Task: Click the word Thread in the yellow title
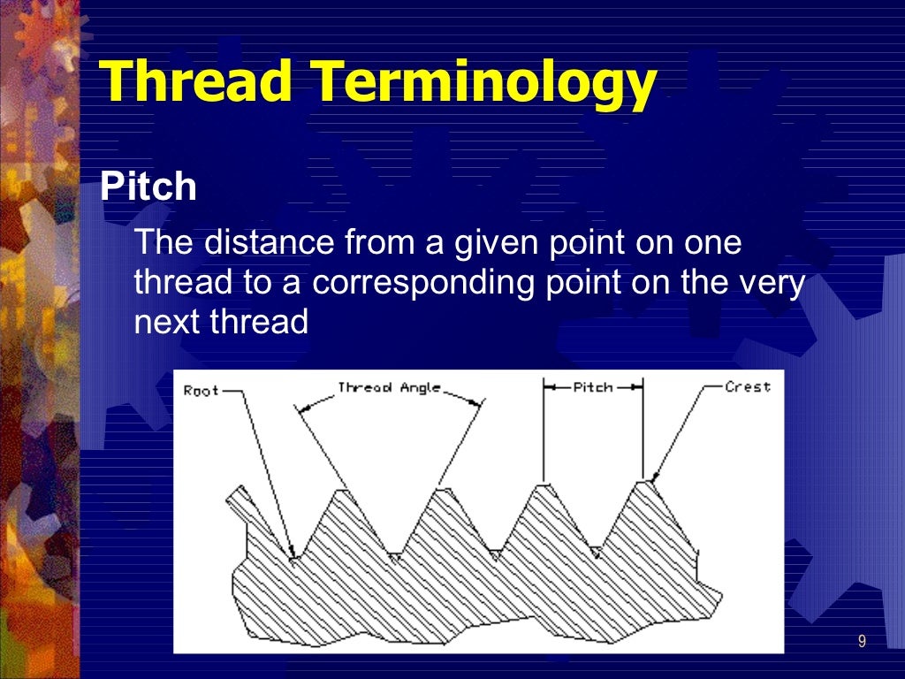click(x=195, y=84)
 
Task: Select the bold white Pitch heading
click(x=148, y=187)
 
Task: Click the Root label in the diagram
click(x=201, y=390)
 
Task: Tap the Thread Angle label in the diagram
click(x=389, y=388)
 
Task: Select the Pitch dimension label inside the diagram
click(x=593, y=387)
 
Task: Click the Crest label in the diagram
click(x=747, y=387)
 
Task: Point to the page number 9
click(x=862, y=641)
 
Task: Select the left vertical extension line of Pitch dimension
click(x=544, y=433)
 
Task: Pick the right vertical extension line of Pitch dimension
click(x=643, y=433)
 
